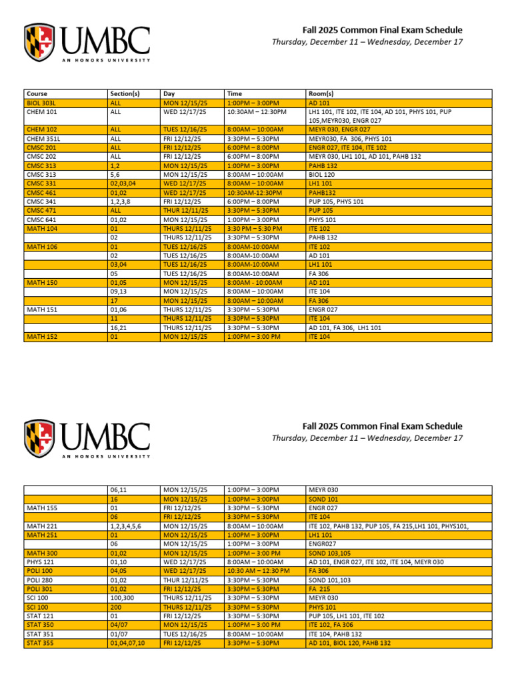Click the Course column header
[x=37, y=94]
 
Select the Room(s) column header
[x=321, y=94]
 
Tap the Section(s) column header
[x=124, y=94]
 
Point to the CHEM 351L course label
[x=42, y=139]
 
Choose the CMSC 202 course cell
[x=41, y=157]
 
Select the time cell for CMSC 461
[x=253, y=193]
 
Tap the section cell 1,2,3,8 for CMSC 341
[x=121, y=201]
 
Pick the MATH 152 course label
[x=41, y=337]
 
